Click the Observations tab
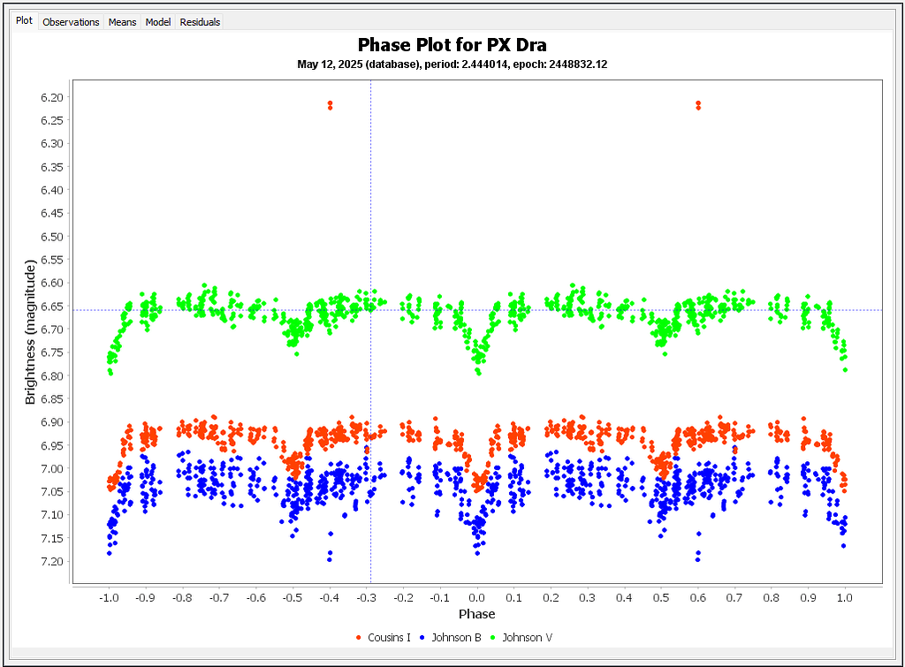pos(71,22)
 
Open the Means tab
pos(122,22)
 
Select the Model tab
pos(158,22)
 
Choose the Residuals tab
pos(200,22)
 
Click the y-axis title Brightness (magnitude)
pos(31,332)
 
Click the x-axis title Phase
pos(476,614)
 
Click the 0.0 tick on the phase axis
pos(477,597)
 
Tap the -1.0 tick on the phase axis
pos(109,597)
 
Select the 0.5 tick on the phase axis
pos(661,597)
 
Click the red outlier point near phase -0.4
pos(330,105)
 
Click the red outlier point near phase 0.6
pos(698,105)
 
